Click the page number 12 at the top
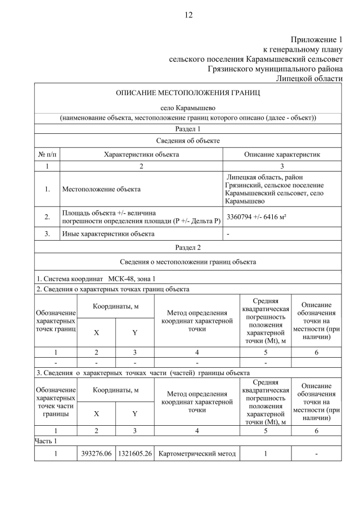[x=188, y=15]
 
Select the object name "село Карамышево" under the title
[x=188, y=107]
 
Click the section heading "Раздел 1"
[x=188, y=129]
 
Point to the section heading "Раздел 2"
[x=188, y=247]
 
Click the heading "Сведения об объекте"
[x=188, y=141]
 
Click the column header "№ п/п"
[x=47, y=154]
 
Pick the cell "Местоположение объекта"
[x=101, y=189]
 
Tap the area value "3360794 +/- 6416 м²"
[x=256, y=217]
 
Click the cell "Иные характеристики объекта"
[x=108, y=233]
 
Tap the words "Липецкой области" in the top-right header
[x=309, y=78]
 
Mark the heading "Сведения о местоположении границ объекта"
[x=188, y=262]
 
